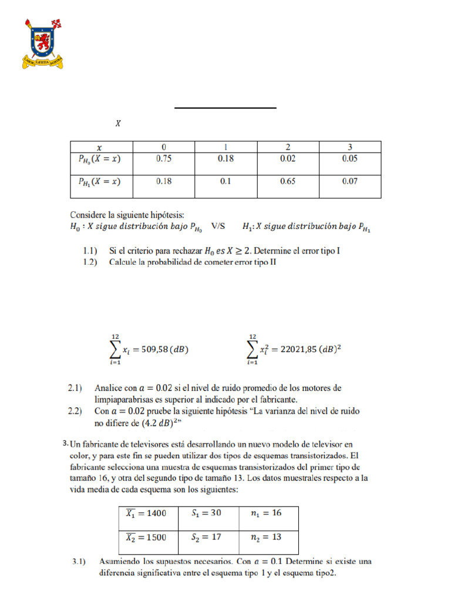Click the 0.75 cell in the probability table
(164, 158)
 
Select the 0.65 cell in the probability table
(288, 182)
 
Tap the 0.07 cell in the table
(350, 182)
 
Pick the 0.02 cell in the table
(288, 158)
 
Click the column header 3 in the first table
(350, 147)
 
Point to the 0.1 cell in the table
(225, 182)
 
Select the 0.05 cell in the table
(350, 158)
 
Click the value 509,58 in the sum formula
(154, 349)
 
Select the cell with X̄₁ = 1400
(146, 513)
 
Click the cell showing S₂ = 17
(206, 536)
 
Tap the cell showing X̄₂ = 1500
(146, 536)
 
